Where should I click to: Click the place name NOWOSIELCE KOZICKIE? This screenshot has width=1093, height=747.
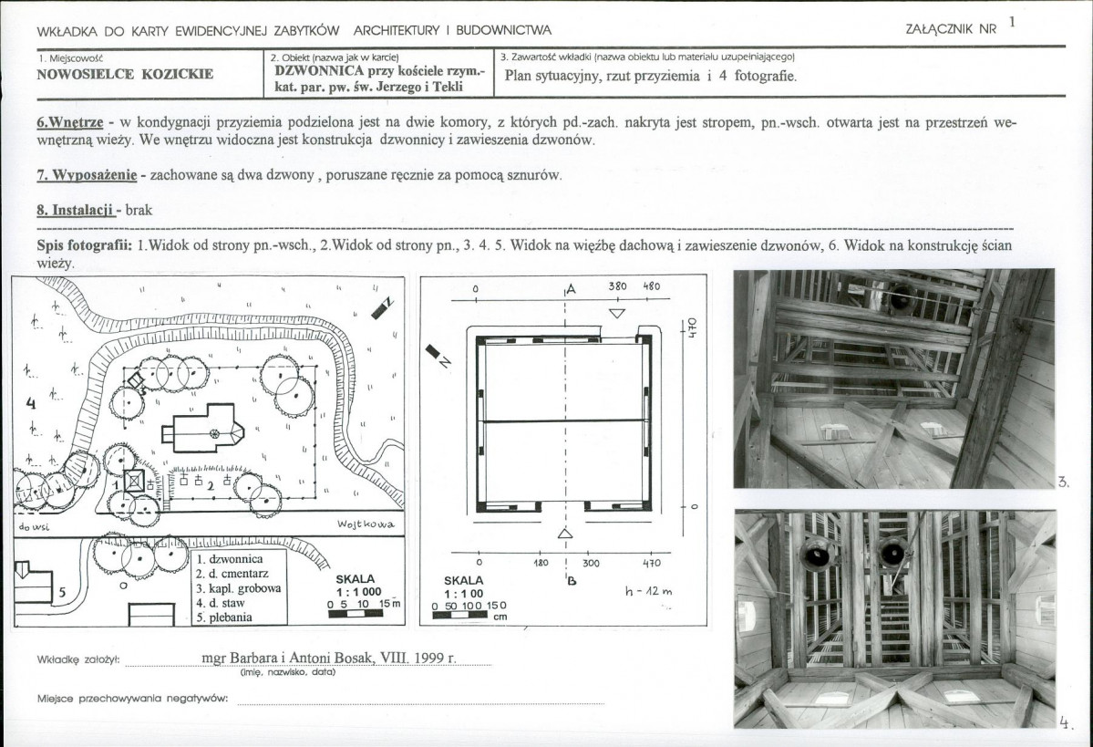[x=125, y=74]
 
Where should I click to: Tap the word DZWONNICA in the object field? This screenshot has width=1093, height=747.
[x=319, y=70]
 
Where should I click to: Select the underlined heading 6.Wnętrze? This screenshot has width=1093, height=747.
[x=69, y=123]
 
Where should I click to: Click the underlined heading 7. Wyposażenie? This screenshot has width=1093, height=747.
[x=87, y=175]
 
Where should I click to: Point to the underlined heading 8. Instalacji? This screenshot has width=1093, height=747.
[x=76, y=210]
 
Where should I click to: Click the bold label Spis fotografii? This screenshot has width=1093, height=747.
[x=85, y=245]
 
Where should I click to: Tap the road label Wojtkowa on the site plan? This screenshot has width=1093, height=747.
[x=366, y=524]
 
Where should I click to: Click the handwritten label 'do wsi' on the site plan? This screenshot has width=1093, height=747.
[x=34, y=527]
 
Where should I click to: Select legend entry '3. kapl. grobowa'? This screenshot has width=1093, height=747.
[x=239, y=588]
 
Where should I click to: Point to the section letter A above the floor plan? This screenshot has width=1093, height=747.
[x=572, y=289]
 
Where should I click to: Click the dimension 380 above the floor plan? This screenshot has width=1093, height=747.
[x=617, y=286]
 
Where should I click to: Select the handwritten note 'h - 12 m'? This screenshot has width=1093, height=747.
[x=648, y=591]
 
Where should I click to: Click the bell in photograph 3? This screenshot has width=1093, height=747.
[x=902, y=298]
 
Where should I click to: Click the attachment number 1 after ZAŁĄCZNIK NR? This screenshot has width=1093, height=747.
[x=1012, y=22]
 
